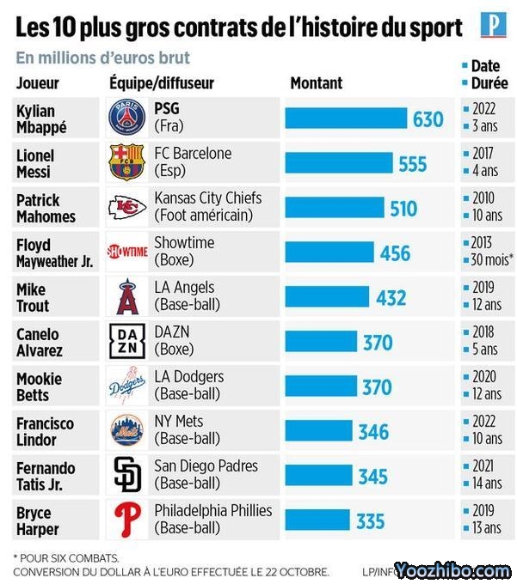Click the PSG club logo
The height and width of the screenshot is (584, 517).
click(127, 118)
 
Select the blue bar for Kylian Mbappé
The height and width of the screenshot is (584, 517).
click(346, 119)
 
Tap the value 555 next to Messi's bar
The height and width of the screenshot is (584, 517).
click(412, 163)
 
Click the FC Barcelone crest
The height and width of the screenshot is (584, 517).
click(126, 162)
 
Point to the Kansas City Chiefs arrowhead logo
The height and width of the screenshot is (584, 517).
click(127, 207)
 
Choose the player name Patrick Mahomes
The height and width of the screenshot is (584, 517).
click(46, 208)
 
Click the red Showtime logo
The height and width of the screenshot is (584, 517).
click(127, 252)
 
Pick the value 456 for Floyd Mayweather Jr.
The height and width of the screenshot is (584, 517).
click(395, 252)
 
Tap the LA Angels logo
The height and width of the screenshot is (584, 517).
click(127, 296)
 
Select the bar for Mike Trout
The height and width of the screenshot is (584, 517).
click(328, 297)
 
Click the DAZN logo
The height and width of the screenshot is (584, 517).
click(127, 341)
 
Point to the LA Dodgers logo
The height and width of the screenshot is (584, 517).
click(127, 386)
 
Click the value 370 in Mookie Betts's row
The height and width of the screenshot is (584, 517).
click(376, 386)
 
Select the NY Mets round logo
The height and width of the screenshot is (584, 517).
click(127, 430)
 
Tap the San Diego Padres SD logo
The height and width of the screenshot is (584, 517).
click(127, 475)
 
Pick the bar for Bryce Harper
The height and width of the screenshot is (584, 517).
click(317, 520)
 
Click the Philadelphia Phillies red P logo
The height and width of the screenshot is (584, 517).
click(127, 520)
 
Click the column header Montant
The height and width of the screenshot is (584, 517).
click(316, 83)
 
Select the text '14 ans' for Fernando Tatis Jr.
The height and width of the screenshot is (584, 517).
click(487, 484)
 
